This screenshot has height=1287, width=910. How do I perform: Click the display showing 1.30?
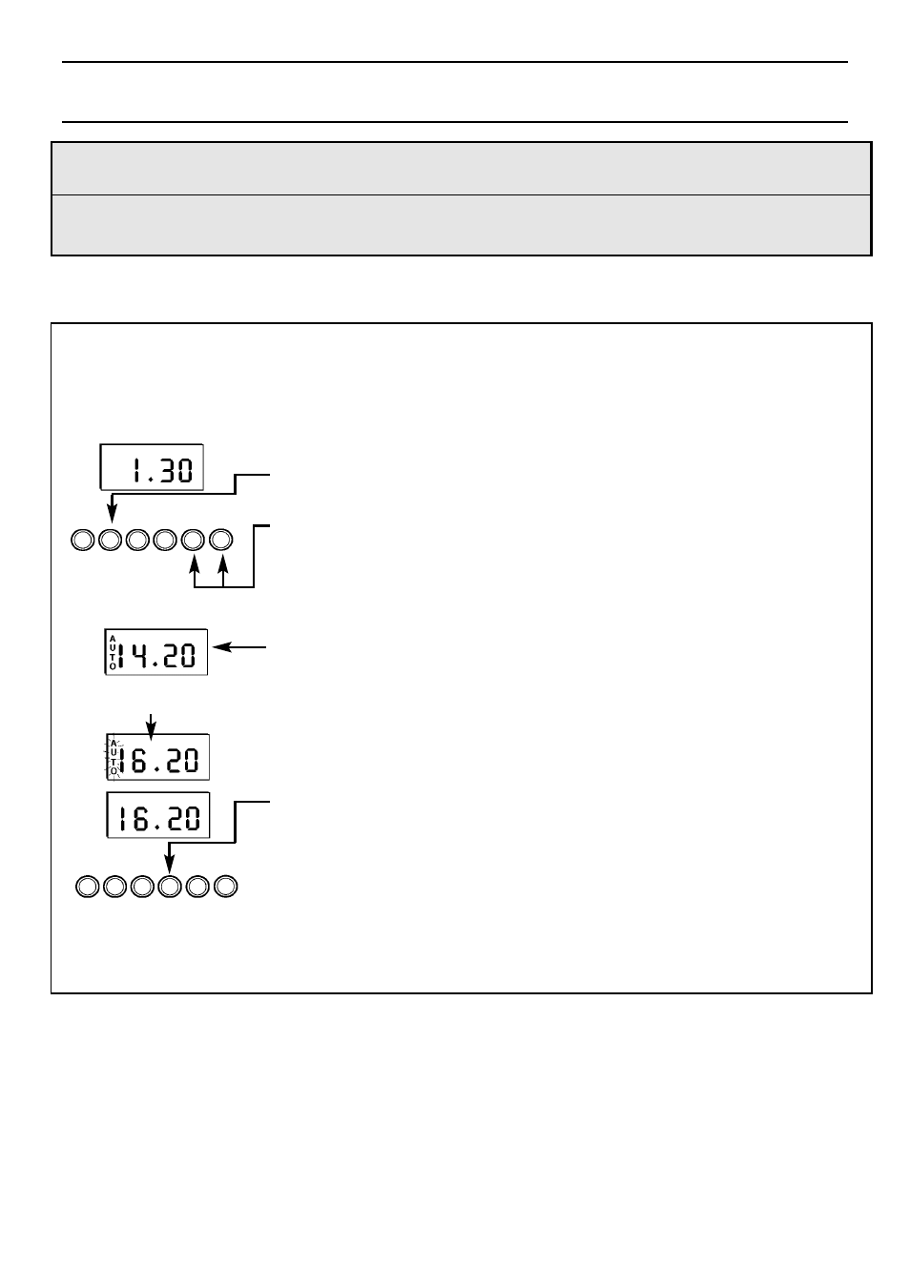click(152, 467)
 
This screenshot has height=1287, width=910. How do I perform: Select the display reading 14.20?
click(155, 653)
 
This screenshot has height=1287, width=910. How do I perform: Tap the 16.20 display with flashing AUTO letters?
click(156, 758)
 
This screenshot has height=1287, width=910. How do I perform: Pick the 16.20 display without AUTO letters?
click(156, 817)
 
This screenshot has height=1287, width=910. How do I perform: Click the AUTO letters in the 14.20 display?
click(112, 653)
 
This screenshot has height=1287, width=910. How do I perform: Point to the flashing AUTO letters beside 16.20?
click(114, 758)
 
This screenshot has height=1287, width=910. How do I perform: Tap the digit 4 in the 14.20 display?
click(140, 655)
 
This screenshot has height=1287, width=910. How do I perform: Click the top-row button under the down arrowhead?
click(111, 541)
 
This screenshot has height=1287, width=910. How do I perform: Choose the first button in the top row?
click(83, 541)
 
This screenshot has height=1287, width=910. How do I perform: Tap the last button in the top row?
click(221, 541)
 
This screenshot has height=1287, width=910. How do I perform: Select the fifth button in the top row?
click(194, 541)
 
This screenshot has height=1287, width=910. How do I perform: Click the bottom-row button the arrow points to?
click(170, 887)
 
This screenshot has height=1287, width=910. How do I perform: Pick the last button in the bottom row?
click(225, 887)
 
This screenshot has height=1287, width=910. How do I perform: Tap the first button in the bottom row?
click(87, 887)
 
